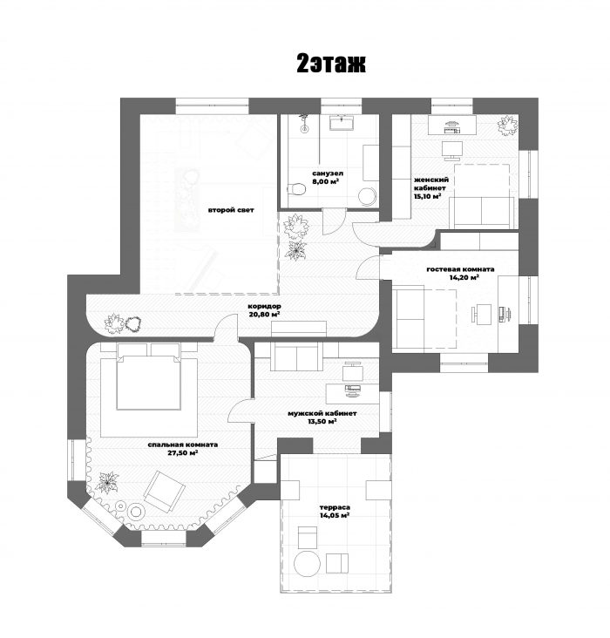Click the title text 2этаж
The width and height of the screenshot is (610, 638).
click(x=331, y=64)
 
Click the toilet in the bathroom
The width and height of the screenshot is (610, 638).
click(x=296, y=189)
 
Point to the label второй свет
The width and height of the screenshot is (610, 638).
click(x=231, y=210)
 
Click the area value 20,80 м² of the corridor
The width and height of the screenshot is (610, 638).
click(x=265, y=315)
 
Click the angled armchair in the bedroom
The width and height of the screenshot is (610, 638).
click(x=164, y=492)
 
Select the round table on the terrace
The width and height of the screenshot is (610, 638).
click(x=308, y=563)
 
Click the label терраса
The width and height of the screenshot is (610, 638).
click(x=335, y=507)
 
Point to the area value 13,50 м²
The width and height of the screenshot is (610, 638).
click(x=322, y=422)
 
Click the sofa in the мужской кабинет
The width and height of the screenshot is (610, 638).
click(x=297, y=356)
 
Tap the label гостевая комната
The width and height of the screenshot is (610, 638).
click(x=460, y=269)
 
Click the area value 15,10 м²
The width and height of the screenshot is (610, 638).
click(x=428, y=196)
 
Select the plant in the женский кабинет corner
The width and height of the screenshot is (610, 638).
click(x=507, y=126)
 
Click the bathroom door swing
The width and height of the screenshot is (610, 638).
click(x=334, y=221)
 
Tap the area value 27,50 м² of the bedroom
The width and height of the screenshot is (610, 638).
click(x=183, y=453)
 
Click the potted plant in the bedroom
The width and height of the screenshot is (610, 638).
click(x=106, y=483)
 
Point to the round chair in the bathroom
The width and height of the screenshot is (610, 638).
click(x=368, y=195)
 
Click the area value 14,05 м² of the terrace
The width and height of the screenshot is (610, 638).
click(x=335, y=515)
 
